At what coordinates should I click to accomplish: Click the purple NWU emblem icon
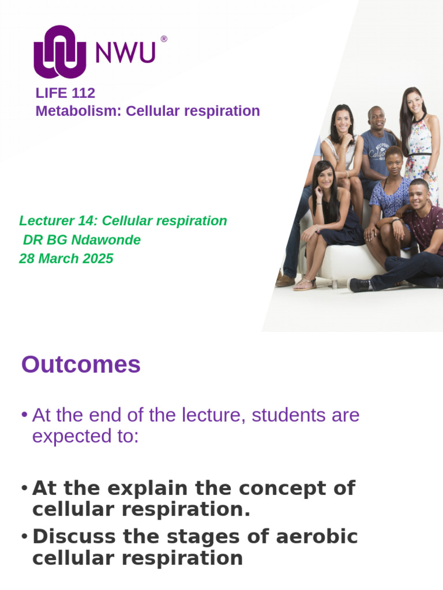coord(60,52)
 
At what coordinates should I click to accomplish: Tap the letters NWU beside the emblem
coord(125,53)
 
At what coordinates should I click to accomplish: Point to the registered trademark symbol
coord(164,39)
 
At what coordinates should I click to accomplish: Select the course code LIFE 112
coord(65,93)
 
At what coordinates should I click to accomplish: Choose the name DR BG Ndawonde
coord(81,240)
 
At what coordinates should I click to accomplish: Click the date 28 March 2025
coord(66,259)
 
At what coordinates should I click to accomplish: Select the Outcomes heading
coord(81,365)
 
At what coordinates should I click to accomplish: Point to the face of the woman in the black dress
coord(324,175)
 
